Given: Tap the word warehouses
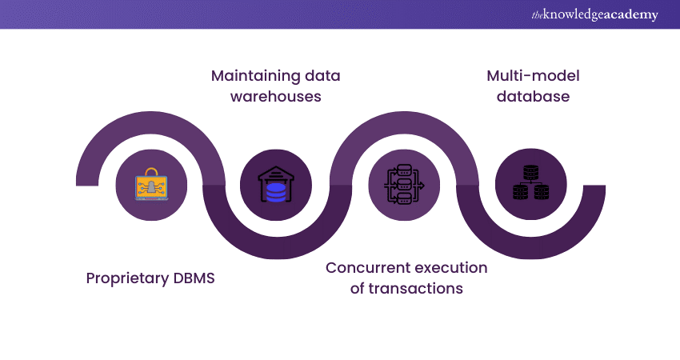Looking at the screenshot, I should click(276, 97).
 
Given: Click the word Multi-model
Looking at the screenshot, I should click(533, 76).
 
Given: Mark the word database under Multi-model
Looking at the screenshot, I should click(533, 97).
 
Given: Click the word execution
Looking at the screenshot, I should click(453, 267).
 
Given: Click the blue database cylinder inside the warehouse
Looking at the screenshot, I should click(276, 192).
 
